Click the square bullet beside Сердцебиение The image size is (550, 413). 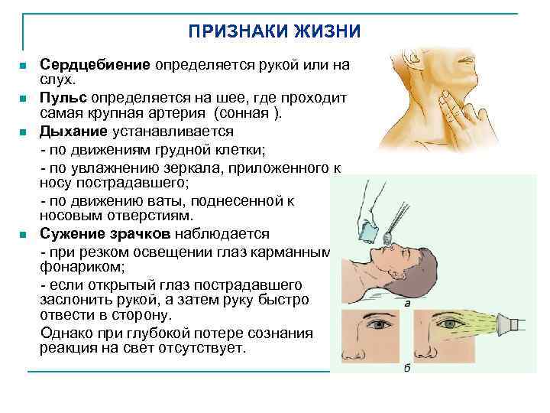tap(24, 67)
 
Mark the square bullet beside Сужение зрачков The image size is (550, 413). tap(24, 234)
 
